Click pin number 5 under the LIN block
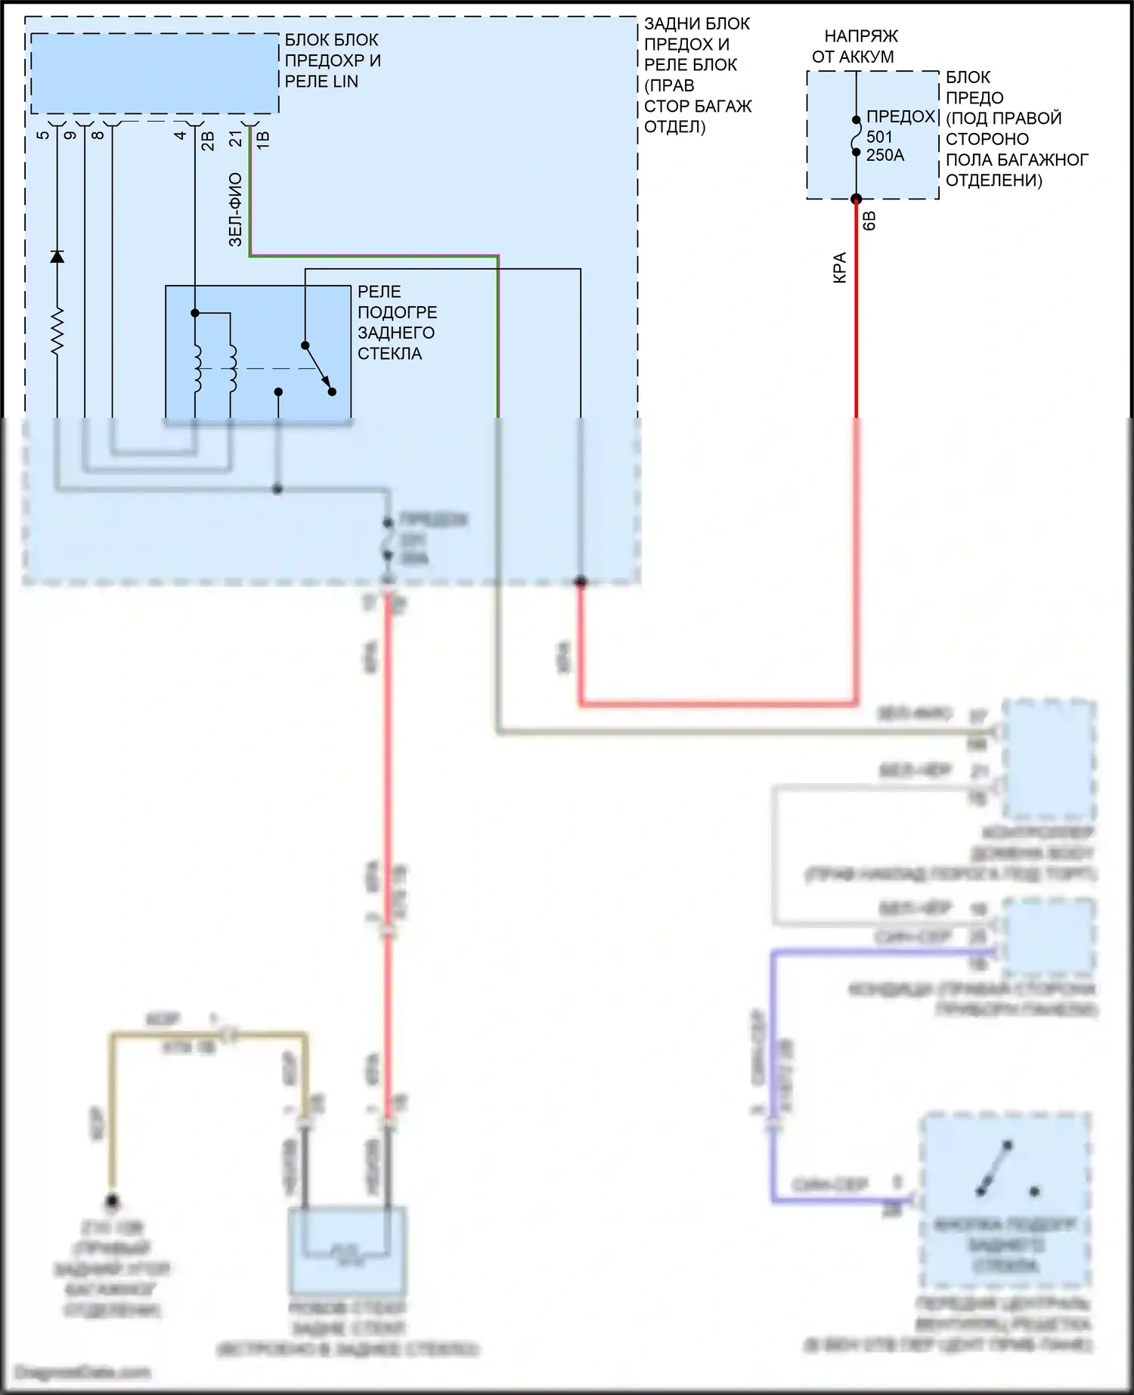pyautogui.click(x=43, y=135)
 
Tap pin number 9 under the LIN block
pyautogui.click(x=70, y=135)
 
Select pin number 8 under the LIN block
pyautogui.click(x=98, y=135)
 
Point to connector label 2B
pyautogui.click(x=208, y=141)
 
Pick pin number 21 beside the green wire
pyautogui.click(x=236, y=138)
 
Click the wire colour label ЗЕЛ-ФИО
pyautogui.click(x=235, y=210)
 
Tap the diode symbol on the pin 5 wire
pyautogui.click(x=57, y=256)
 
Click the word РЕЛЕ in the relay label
pyautogui.click(x=380, y=292)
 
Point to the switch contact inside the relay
pyautogui.click(x=318, y=369)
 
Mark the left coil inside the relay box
pyautogui.click(x=197, y=370)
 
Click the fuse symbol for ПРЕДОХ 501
pyautogui.click(x=856, y=136)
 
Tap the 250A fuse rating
pyautogui.click(x=885, y=155)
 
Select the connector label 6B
pyautogui.click(x=869, y=221)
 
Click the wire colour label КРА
pyautogui.click(x=840, y=268)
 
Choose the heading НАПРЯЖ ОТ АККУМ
pyautogui.click(x=854, y=46)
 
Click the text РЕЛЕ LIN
pyautogui.click(x=321, y=82)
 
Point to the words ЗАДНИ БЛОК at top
pyautogui.click(x=696, y=23)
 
